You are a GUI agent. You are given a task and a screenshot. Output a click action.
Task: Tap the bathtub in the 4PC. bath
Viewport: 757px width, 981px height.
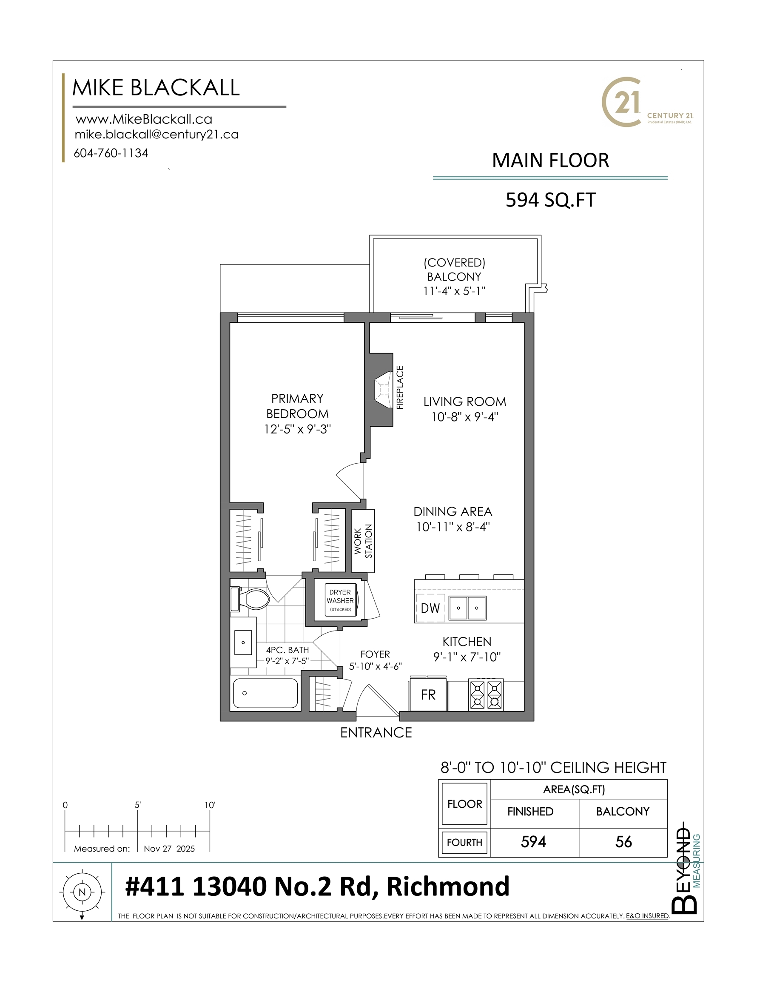pos(265,693)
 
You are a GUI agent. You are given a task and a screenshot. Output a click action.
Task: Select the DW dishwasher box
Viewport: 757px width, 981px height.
pos(430,608)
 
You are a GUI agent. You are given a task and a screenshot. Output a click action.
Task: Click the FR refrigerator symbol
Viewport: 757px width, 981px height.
pos(428,695)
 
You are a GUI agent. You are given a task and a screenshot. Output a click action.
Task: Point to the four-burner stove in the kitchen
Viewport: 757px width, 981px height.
pos(486,694)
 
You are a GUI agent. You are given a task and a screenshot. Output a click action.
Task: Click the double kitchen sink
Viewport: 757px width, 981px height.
pos(467,608)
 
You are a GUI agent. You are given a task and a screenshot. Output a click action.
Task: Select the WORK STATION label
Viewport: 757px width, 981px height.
pos(363,541)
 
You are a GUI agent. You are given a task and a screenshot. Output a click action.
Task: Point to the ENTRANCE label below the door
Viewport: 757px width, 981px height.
pos(376,733)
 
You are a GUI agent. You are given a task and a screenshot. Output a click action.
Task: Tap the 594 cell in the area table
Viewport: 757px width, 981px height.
pos(533,841)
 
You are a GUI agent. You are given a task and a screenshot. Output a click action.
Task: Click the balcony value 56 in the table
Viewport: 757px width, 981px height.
pos(623,841)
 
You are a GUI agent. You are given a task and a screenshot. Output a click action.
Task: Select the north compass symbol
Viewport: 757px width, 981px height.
pos(82,892)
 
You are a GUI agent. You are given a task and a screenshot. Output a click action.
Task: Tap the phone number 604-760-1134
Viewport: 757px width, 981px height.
pos(111,153)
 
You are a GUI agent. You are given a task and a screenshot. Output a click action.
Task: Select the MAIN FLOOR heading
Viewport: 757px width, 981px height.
pos(550,161)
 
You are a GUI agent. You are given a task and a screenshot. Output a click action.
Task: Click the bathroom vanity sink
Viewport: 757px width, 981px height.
pos(243,643)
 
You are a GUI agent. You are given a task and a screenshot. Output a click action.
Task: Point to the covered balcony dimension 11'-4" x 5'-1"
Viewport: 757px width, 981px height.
pos(454,291)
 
